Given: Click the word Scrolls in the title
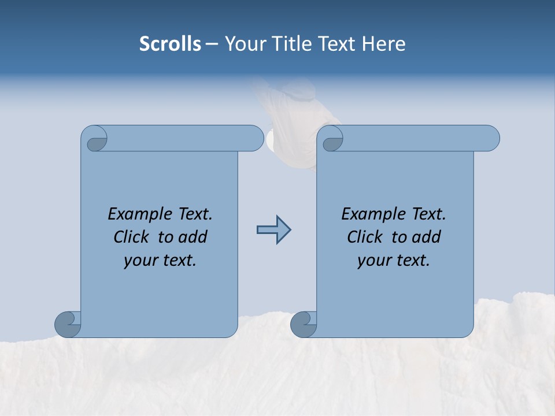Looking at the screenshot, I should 170,44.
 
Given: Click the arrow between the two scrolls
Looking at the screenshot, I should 273,230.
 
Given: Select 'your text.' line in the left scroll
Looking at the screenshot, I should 160,260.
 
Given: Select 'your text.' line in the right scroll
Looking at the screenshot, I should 394,260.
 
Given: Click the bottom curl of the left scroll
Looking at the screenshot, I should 68,325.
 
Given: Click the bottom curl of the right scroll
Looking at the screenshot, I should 304,325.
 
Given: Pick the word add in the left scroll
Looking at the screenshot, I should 193,237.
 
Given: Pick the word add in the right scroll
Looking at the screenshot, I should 427,237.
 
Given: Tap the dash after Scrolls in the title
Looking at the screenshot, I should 212,44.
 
